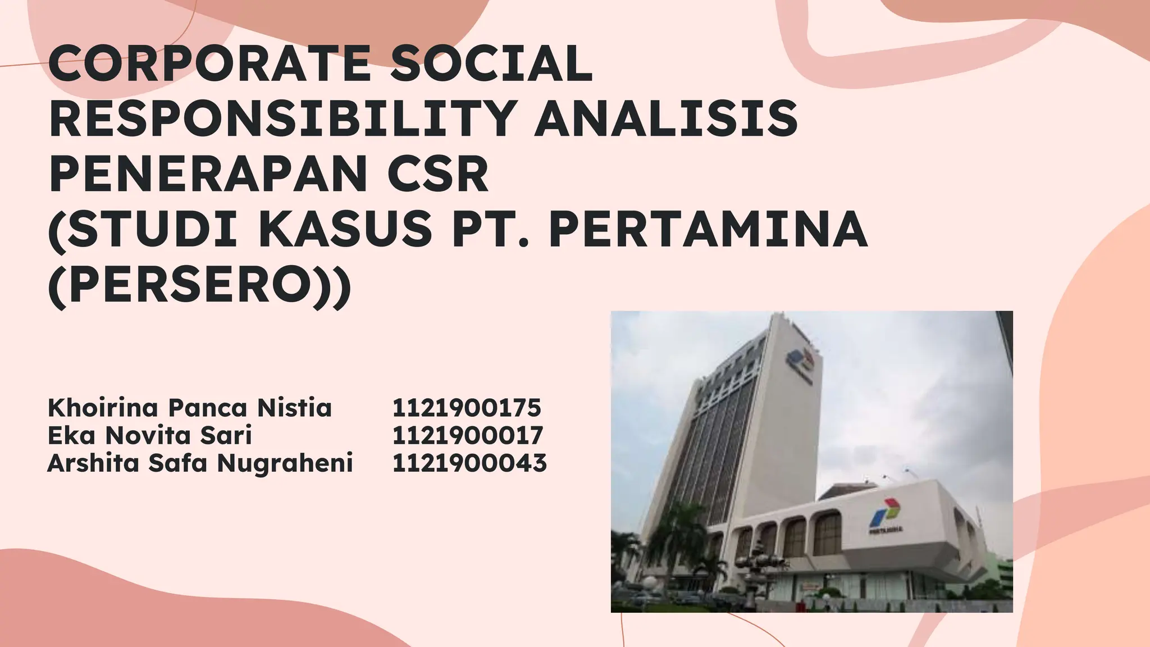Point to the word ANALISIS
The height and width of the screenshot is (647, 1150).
tap(665, 119)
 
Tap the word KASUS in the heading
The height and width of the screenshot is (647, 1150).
tap(345, 230)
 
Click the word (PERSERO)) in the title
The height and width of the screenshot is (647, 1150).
tap(200, 285)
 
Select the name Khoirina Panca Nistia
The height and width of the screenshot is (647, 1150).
tap(190, 408)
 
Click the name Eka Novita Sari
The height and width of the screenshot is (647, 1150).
tap(150, 435)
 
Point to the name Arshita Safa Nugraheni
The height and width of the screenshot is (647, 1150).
tap(200, 463)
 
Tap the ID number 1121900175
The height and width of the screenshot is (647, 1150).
tap(467, 408)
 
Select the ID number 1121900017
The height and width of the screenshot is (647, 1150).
tap(468, 435)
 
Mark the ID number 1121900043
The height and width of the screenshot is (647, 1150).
tap(469, 463)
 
